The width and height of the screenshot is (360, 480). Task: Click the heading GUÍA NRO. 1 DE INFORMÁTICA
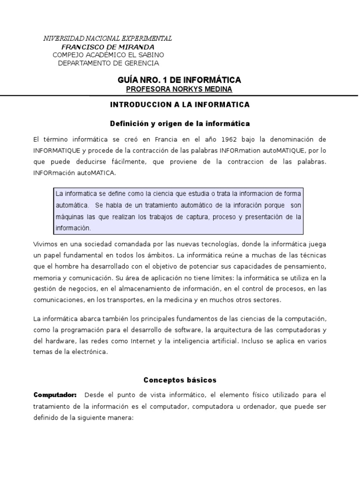coord(180,80)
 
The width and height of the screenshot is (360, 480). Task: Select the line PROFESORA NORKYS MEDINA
coord(180,89)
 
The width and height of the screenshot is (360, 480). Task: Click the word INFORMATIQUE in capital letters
coord(56,150)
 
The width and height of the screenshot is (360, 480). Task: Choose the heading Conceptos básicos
coord(180,380)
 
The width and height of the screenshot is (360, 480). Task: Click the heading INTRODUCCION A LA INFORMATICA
coord(180,105)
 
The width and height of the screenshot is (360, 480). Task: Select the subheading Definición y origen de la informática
coord(180,124)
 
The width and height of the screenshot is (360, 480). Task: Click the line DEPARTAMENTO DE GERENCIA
coord(108,63)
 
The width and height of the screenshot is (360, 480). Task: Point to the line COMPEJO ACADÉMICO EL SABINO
coord(108,55)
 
